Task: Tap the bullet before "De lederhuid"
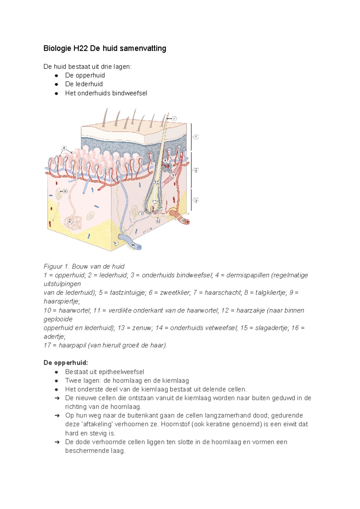coord(56,84)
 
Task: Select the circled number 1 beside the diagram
coord(196,137)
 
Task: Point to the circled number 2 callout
coord(196,170)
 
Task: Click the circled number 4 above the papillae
coord(64,148)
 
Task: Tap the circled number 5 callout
coord(65,191)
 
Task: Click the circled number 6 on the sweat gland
coord(70,222)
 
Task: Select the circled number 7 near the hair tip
coord(174,119)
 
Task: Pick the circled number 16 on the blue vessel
coord(133,245)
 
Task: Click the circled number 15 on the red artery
coord(183,221)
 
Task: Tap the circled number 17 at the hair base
coord(160,208)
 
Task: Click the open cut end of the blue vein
coord(139,247)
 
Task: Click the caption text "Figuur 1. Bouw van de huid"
coord(84,267)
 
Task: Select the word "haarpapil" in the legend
coord(72,345)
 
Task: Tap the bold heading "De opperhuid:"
coord(66,363)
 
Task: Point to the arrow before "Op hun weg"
coord(57,416)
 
